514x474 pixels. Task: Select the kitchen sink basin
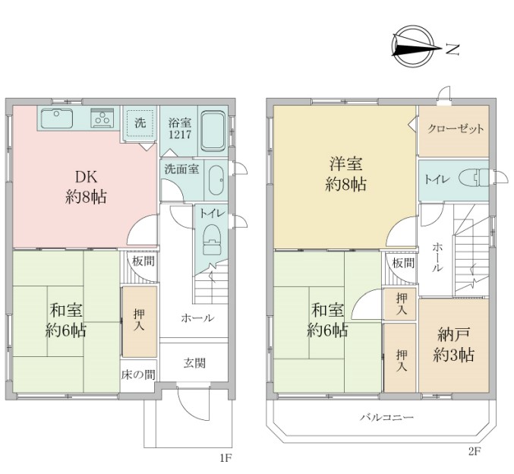tap(57, 118)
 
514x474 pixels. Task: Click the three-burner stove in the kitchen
tap(102, 118)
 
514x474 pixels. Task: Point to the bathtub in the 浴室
tap(213, 131)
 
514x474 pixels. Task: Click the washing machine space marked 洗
tap(140, 123)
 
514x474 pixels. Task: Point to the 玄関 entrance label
tap(194, 363)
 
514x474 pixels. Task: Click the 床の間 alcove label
tap(138, 374)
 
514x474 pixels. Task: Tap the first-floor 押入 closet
tap(139, 322)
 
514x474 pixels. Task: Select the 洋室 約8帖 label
tap(346, 174)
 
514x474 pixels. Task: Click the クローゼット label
tap(456, 128)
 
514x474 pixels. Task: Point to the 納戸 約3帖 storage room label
tap(454, 344)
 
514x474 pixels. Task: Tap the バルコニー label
tap(386, 418)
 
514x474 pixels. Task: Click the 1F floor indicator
tap(225, 457)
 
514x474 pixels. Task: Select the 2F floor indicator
tap(475, 452)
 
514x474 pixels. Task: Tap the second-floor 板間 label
tap(404, 263)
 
